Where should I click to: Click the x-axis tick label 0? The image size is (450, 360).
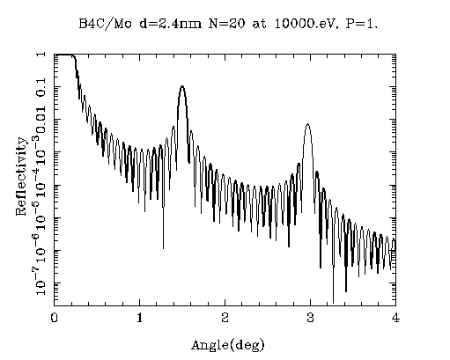54,318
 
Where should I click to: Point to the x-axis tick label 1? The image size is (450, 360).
139,318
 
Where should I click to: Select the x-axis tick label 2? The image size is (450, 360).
225,318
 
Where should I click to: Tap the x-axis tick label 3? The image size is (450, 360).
310,318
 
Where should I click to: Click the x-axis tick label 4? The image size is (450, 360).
395,318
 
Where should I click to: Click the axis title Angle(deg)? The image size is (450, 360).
228,345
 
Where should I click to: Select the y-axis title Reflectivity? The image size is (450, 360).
21,176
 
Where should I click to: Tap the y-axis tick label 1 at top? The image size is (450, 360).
42,55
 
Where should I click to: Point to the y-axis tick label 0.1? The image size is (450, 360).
41,87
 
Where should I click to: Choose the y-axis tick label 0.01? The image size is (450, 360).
41,119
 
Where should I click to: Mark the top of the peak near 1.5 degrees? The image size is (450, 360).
182,86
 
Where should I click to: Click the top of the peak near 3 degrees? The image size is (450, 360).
307,124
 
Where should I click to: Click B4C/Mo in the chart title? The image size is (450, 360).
105,24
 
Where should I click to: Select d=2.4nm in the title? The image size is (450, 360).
170,24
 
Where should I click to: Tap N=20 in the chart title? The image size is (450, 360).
226,24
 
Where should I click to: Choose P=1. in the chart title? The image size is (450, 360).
361,24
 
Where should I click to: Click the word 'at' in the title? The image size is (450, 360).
259,24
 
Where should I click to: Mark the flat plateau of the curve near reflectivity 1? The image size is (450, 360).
64,55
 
